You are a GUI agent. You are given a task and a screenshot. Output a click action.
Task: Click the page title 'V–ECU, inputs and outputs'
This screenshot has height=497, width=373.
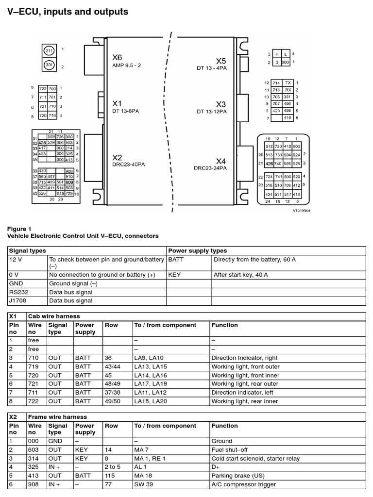[x=68, y=12]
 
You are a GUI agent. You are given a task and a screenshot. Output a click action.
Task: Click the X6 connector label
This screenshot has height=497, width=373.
[x=117, y=57]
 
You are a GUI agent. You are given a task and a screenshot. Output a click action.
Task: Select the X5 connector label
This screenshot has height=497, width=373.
[x=221, y=61]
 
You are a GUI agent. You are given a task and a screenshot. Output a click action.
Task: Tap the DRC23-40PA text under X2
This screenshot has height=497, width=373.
[x=128, y=164]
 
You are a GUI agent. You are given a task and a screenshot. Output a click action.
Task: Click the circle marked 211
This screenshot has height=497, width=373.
[x=49, y=50]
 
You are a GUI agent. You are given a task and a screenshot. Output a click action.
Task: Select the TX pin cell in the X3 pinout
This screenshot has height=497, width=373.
[x=288, y=83]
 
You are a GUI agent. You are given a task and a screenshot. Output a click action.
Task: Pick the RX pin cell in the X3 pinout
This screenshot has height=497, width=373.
[x=288, y=90]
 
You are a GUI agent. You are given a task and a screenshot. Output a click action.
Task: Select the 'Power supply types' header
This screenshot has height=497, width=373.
[x=197, y=251]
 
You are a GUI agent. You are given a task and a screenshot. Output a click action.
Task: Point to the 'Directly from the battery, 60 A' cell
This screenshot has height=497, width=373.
[x=254, y=260]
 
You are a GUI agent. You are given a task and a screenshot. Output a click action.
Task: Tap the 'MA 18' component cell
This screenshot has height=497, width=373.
[x=142, y=475]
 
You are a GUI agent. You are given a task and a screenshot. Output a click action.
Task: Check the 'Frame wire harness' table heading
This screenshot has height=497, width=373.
[x=58, y=417]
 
